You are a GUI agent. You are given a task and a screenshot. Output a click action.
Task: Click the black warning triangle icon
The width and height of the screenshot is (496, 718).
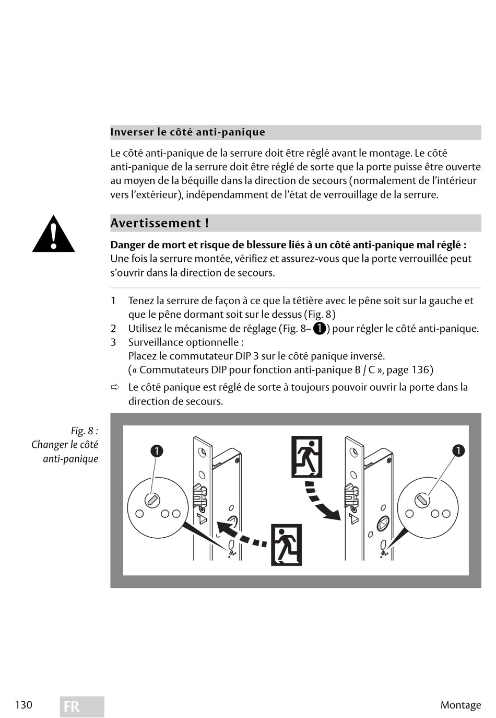pyautogui.click(x=53, y=235)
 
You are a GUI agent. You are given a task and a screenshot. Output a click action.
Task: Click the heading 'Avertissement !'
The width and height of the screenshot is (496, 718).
pyautogui.click(x=159, y=223)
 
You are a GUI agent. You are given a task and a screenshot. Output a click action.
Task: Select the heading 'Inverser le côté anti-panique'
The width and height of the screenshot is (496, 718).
pyautogui.click(x=187, y=132)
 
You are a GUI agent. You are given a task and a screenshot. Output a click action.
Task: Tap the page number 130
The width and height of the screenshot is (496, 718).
pyautogui.click(x=23, y=704)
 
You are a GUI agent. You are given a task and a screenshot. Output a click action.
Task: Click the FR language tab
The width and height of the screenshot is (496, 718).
pyautogui.click(x=81, y=707)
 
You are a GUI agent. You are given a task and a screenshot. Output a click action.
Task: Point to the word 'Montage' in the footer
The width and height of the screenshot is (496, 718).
pyautogui.click(x=460, y=705)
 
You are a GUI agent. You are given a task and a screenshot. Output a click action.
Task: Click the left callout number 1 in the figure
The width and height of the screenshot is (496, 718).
pyautogui.click(x=157, y=451)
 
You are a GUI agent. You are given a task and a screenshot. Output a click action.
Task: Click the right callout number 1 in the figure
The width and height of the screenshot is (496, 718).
pyautogui.click(x=458, y=450)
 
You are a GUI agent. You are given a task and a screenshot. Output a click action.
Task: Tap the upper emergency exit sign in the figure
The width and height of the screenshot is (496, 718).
pyautogui.click(x=306, y=458)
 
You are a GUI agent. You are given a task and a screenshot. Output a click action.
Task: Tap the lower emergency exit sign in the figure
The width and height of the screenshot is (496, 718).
pyautogui.click(x=286, y=545)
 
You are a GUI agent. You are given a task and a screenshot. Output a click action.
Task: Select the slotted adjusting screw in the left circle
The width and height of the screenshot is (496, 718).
pyautogui.click(x=152, y=500)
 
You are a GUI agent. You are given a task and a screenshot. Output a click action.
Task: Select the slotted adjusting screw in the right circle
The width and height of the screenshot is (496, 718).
pyautogui.click(x=422, y=500)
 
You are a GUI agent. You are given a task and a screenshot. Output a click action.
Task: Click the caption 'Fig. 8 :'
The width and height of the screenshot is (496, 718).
pyautogui.click(x=84, y=431)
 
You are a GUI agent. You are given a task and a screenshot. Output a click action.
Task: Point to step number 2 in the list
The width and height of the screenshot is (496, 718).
pyautogui.click(x=113, y=329)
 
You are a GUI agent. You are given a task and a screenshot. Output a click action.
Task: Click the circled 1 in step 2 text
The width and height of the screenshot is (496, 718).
pyautogui.click(x=320, y=329)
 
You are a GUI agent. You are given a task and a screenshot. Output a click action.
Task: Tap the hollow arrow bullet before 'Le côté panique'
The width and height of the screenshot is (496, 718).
pyautogui.click(x=115, y=388)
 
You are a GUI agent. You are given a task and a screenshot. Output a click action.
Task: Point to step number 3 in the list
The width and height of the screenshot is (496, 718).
pyautogui.click(x=113, y=342)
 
